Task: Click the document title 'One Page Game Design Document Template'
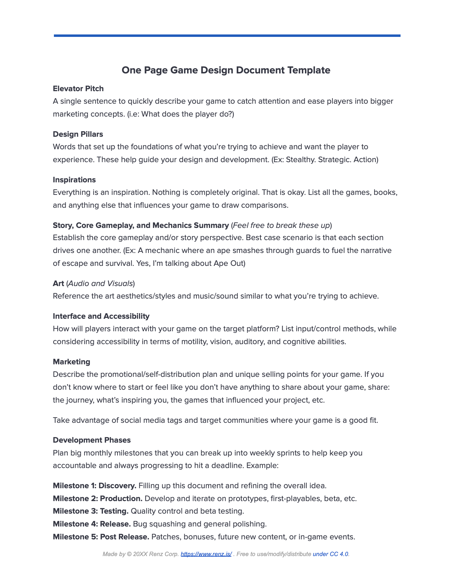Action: click(x=226, y=70)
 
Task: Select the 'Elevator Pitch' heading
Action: click(x=78, y=89)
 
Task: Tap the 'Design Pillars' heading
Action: click(x=78, y=134)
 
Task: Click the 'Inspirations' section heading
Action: click(x=74, y=180)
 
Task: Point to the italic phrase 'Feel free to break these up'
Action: click(x=281, y=225)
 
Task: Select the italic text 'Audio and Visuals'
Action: click(x=100, y=284)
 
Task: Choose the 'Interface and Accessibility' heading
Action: click(x=101, y=316)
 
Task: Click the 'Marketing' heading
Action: click(x=71, y=362)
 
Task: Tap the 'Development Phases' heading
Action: click(x=92, y=440)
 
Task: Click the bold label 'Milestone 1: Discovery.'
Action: click(x=95, y=486)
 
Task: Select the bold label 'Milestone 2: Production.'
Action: click(x=98, y=499)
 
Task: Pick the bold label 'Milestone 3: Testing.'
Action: click(x=91, y=511)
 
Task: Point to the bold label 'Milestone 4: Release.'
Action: click(x=92, y=524)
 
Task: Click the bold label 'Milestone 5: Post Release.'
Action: click(x=101, y=537)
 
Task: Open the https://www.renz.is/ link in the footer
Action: click(x=206, y=554)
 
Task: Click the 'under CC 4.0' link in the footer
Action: click(x=330, y=554)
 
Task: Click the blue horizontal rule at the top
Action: click(x=227, y=35)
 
